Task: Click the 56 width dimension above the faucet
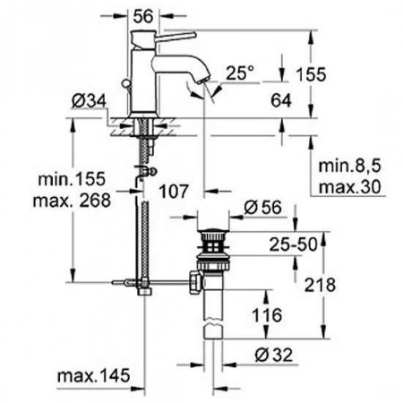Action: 143,16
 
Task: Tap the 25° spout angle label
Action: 240,73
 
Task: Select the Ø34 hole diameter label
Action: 89,101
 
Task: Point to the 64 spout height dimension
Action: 281,100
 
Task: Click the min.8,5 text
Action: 350,166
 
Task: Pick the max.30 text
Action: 350,187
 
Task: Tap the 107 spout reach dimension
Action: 174,191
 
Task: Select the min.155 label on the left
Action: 72,179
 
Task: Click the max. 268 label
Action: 72,201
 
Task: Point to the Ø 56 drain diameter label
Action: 262,207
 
